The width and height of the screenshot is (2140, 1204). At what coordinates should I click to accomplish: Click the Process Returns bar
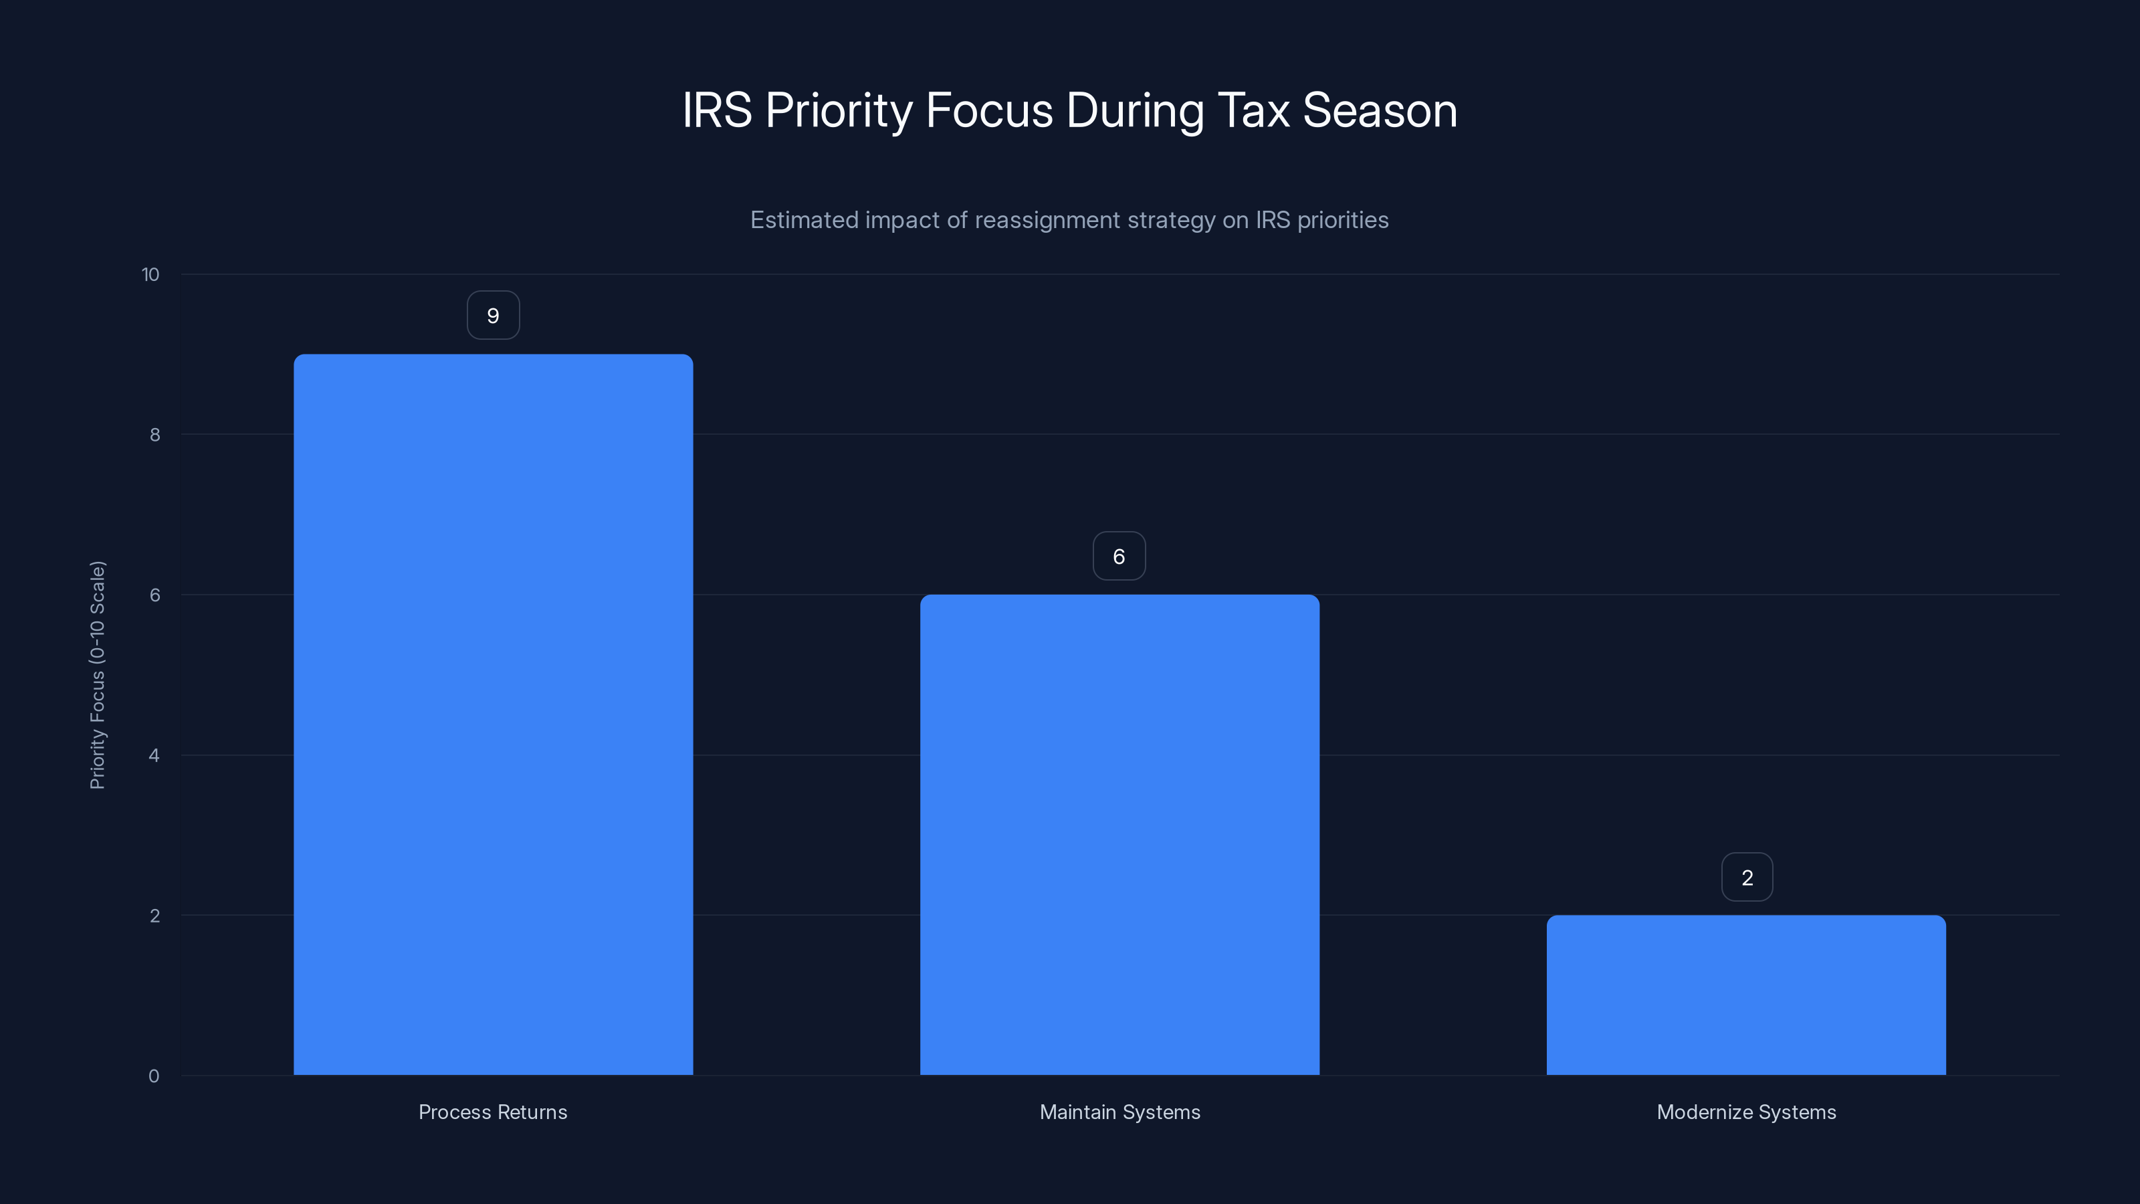point(493,714)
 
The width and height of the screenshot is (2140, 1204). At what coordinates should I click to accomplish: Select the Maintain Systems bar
point(1119,834)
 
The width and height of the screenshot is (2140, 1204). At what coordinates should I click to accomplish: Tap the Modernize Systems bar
point(1745,995)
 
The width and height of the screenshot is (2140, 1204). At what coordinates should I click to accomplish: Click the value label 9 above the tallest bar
point(493,316)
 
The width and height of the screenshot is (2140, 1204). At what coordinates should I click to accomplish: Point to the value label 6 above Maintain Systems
point(1119,557)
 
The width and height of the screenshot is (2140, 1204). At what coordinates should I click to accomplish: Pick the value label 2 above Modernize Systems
point(1747,878)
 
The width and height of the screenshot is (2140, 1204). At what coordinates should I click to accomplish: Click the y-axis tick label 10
point(150,275)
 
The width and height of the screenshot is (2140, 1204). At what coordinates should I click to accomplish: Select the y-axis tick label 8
point(154,435)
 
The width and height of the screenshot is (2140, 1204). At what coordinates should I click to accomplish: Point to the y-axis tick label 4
point(154,756)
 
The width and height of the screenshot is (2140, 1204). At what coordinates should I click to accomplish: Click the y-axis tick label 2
point(154,916)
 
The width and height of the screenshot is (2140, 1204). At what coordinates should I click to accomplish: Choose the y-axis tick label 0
point(154,1077)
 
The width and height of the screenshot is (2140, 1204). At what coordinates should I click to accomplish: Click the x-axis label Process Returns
point(493,1112)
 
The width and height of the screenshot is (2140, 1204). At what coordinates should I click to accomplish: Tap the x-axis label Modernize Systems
point(1746,1112)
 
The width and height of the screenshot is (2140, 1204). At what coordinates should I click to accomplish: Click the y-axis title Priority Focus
point(98,675)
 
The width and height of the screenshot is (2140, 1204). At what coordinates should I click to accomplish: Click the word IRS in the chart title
point(717,110)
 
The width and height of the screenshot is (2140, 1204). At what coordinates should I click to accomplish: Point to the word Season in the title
point(1380,110)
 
